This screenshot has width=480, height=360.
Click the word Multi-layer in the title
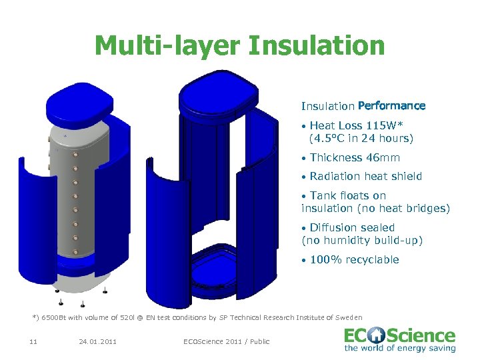167,47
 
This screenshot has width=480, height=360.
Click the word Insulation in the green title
317,47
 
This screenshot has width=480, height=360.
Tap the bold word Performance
391,106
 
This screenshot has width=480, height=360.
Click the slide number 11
33,342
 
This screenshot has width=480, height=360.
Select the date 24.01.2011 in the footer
97,342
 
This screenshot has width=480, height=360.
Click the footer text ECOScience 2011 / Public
227,342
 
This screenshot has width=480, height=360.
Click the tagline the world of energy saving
399,348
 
